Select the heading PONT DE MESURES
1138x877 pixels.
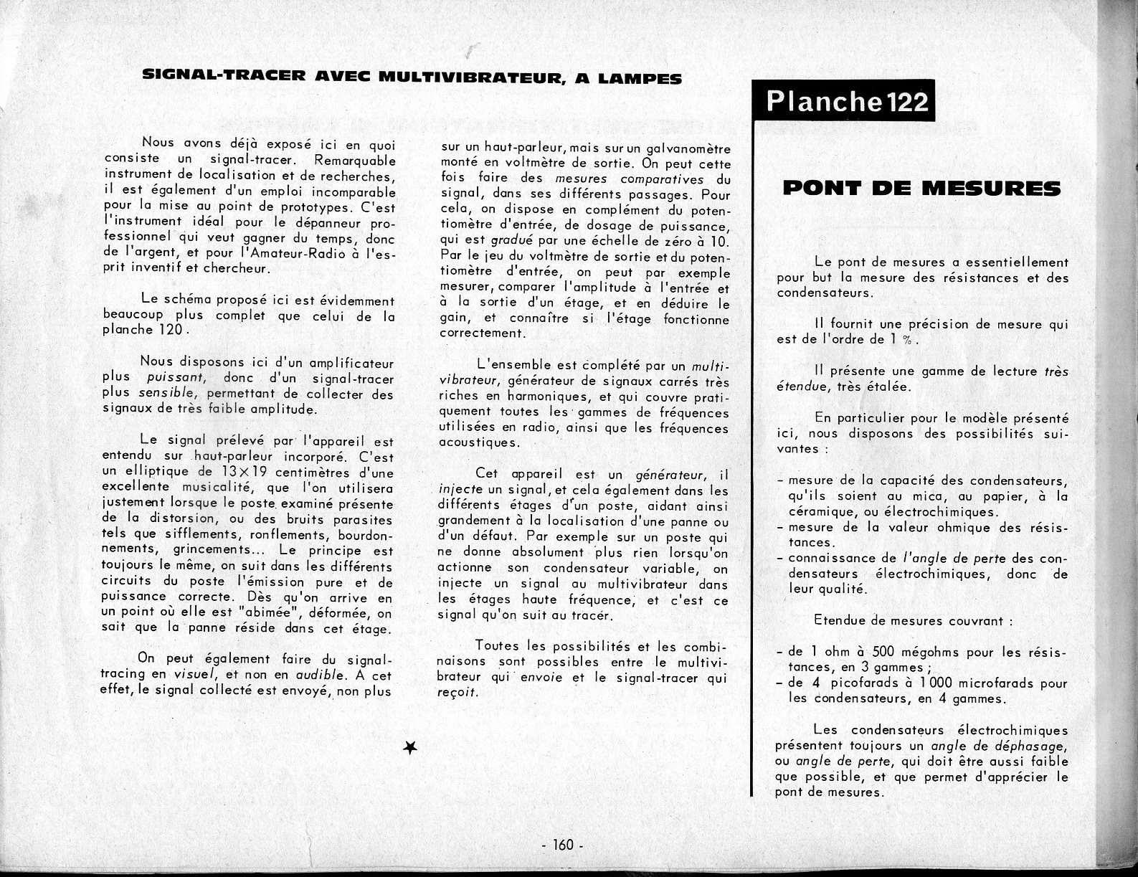[x=921, y=189]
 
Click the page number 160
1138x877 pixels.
[x=563, y=845]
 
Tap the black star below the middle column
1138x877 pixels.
[x=411, y=748]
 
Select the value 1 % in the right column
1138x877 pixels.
[x=905, y=340]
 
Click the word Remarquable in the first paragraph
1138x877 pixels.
[x=354, y=160]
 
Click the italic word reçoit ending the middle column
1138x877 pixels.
[x=457, y=693]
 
